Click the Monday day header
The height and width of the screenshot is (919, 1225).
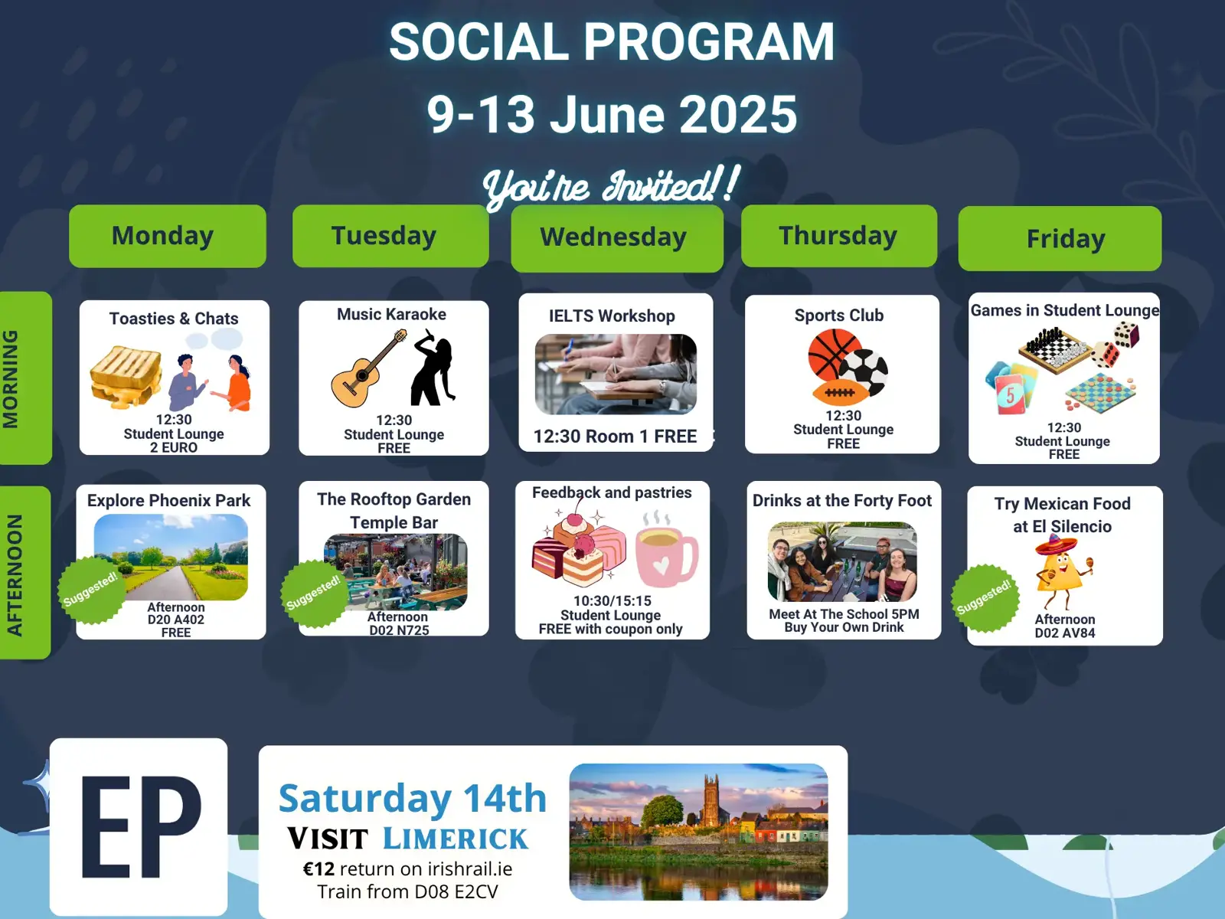tap(168, 235)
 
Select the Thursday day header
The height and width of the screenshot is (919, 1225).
tap(839, 235)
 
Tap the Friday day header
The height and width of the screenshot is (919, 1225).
tap(1060, 238)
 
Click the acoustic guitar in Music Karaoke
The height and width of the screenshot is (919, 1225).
tap(368, 368)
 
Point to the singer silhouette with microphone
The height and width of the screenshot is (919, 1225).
tap(433, 366)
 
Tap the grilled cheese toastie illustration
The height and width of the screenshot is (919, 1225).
tap(126, 376)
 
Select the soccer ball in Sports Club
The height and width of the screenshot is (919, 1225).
tap(864, 372)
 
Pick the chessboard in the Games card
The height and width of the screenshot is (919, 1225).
tap(1055, 351)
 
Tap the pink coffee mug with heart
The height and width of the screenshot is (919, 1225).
tap(667, 557)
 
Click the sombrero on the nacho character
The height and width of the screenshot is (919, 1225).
tap(1055, 545)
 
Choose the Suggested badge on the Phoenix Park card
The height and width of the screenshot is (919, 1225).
tap(91, 589)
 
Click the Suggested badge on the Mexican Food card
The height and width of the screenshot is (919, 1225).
tap(985, 598)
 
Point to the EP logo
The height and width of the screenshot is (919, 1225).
tap(139, 826)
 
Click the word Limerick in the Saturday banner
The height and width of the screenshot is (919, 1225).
tap(456, 839)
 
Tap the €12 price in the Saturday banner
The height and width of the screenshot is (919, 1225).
tap(318, 868)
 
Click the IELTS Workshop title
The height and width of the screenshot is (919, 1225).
tap(612, 316)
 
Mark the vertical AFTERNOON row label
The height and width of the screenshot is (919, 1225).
tap(15, 574)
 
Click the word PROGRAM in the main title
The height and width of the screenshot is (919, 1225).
tap(709, 41)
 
